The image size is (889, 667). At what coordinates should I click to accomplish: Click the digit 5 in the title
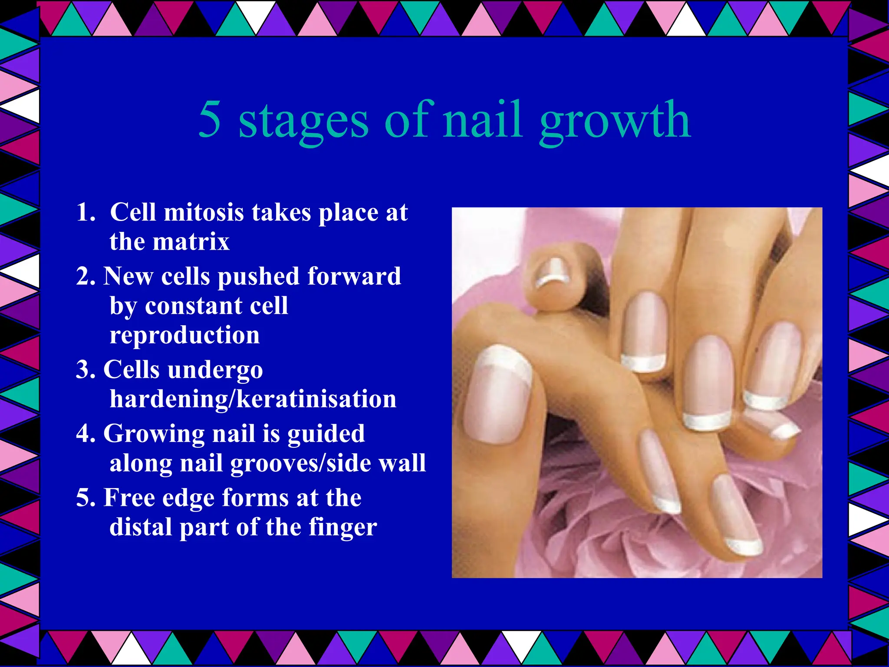point(210,119)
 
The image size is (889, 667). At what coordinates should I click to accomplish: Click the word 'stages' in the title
point(303,122)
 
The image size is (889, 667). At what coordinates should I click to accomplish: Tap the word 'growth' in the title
point(615,122)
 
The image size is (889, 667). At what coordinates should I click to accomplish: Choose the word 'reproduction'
point(184,335)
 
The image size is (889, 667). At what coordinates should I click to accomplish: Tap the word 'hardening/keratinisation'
point(253,399)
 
